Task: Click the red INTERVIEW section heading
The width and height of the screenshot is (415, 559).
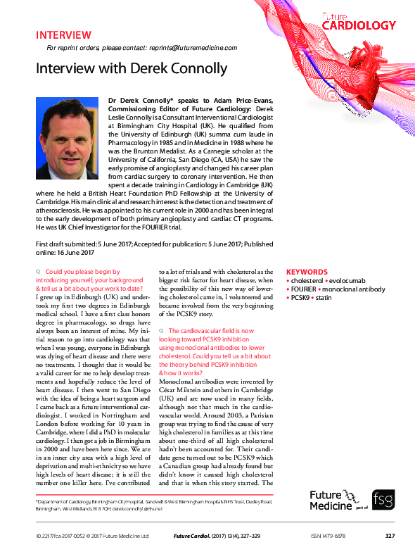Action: [63, 34]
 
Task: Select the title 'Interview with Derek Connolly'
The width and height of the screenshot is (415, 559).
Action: [131, 68]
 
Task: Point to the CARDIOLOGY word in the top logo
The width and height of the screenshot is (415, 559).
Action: [359, 25]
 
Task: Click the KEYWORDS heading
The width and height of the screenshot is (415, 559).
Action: [307, 272]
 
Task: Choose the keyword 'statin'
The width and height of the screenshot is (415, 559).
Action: [323, 299]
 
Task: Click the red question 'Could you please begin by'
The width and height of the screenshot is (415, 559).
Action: [82, 272]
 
